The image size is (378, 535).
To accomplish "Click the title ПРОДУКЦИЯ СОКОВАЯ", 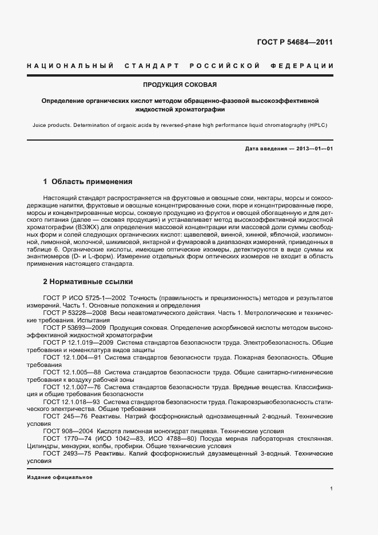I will point(180,85).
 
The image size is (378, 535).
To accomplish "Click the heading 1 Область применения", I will point(87,182).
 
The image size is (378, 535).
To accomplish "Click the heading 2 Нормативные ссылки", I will point(87,282).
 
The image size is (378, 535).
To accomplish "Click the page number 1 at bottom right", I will point(331,488).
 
